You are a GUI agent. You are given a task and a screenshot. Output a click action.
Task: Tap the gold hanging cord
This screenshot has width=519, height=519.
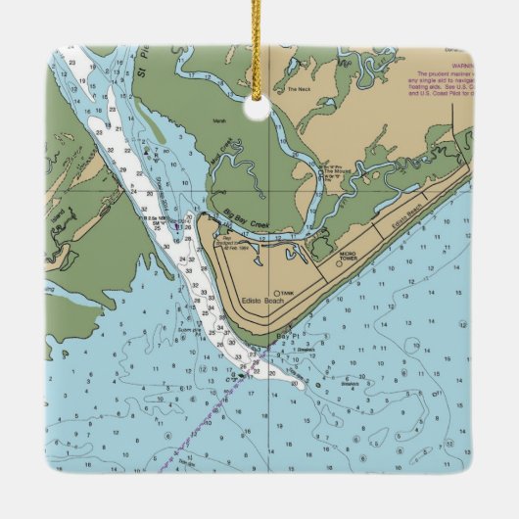click(x=259, y=39)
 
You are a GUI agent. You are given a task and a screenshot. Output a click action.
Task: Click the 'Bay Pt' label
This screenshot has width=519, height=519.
click(x=285, y=337)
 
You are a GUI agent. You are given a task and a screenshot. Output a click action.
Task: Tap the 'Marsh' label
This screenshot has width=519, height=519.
click(x=218, y=122)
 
